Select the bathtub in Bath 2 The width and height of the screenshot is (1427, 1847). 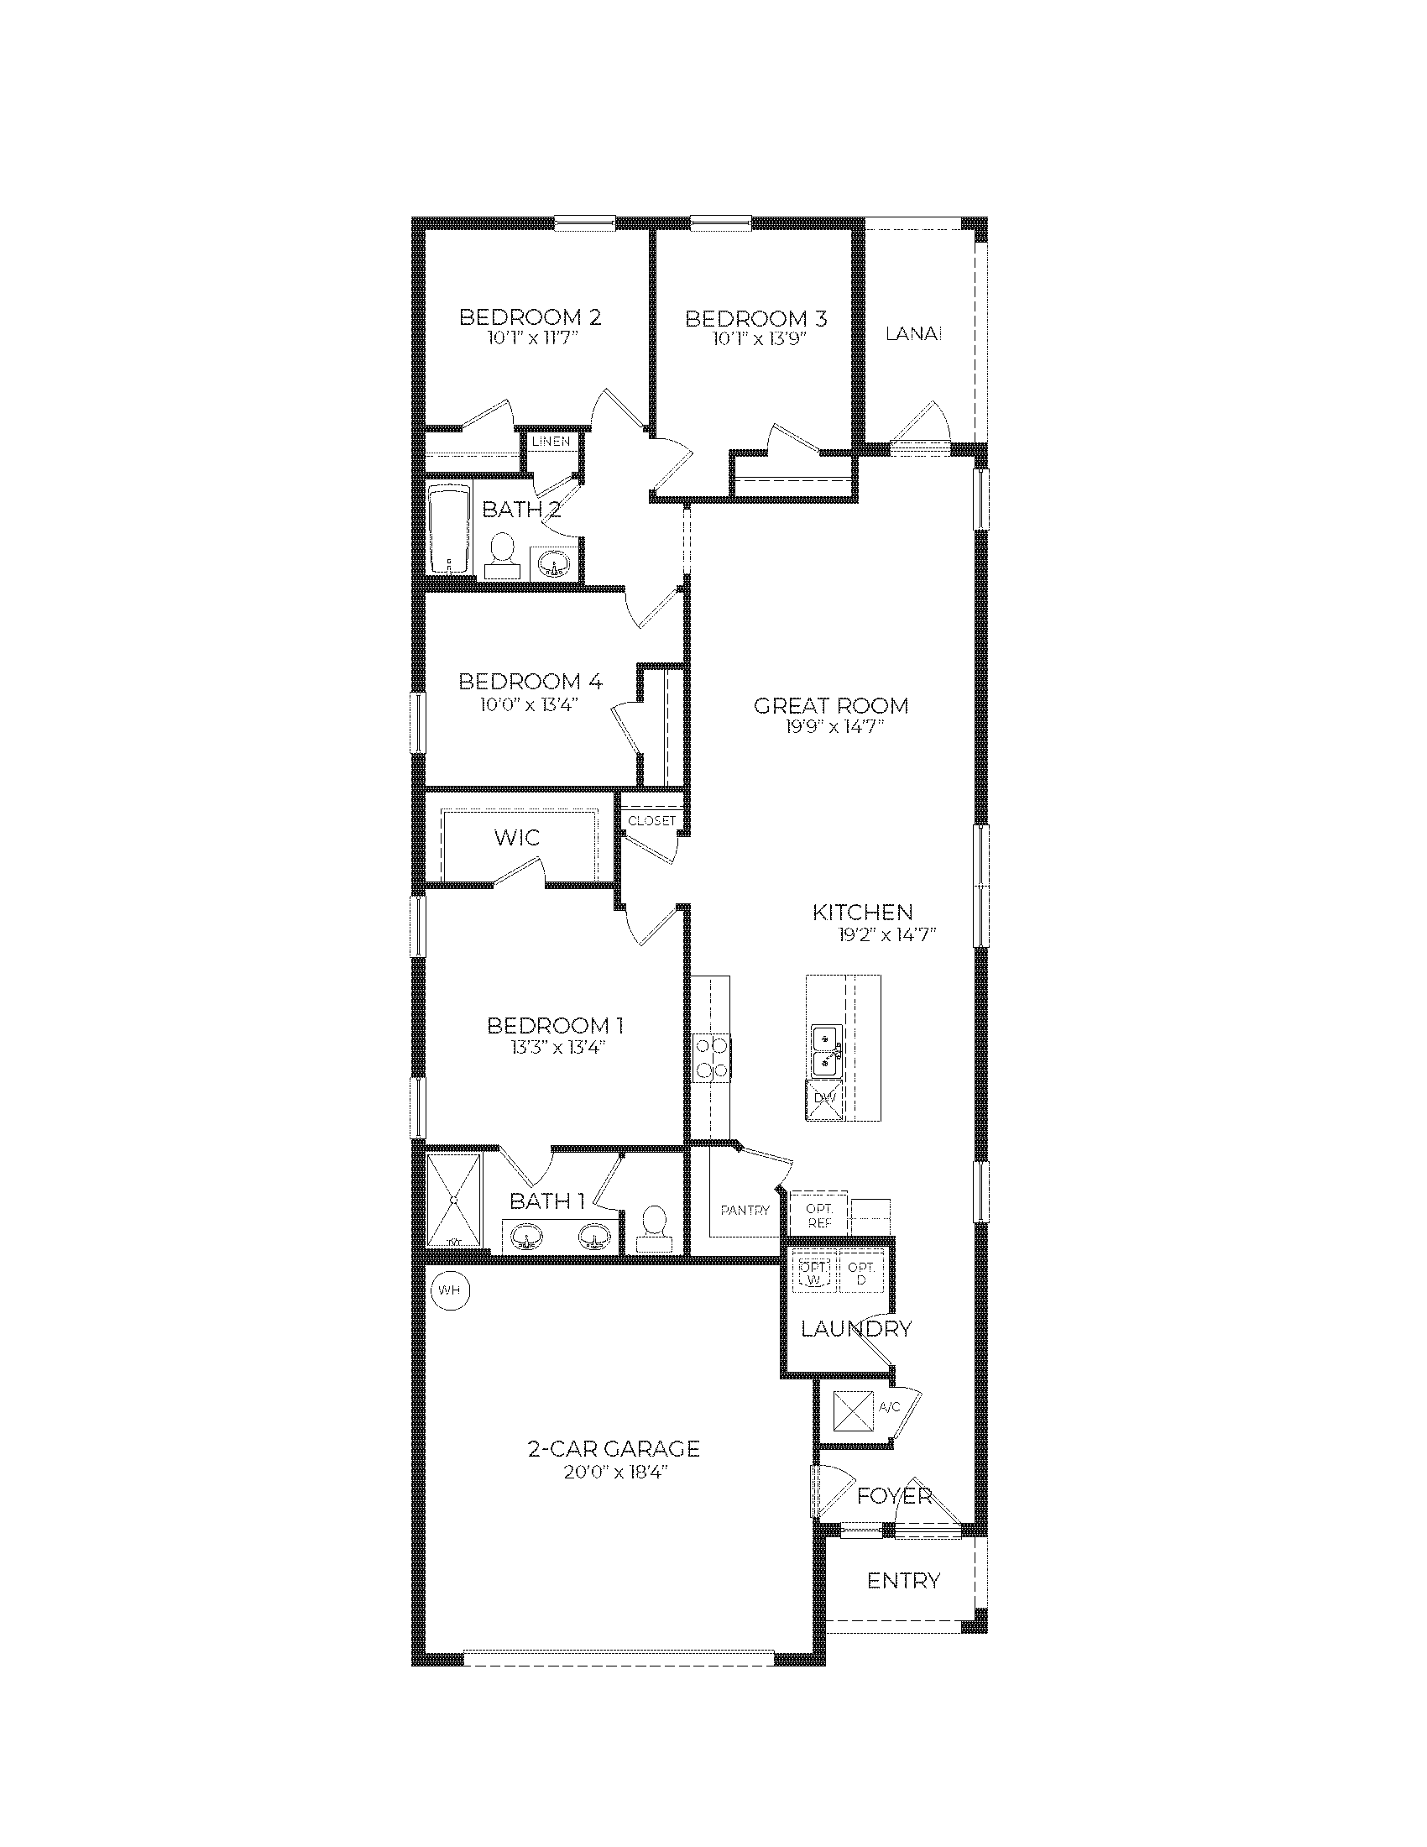click(x=449, y=530)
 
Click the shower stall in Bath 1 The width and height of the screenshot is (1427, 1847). click(x=454, y=1200)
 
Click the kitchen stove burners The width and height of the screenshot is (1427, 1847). click(x=712, y=1058)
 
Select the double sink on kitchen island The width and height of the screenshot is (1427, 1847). click(x=825, y=1050)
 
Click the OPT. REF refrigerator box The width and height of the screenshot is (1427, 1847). click(x=818, y=1216)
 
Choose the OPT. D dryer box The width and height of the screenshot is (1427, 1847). click(x=861, y=1274)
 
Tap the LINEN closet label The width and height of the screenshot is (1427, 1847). click(x=551, y=442)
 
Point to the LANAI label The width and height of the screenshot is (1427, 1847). click(x=914, y=334)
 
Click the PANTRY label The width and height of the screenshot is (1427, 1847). click(x=745, y=1210)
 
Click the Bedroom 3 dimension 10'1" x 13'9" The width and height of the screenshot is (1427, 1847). click(x=755, y=340)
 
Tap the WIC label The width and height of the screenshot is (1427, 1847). click(x=516, y=837)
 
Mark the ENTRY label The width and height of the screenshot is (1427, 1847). click(x=903, y=1581)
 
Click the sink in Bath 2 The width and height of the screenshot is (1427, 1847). click(x=555, y=562)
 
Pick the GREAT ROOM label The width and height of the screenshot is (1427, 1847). click(x=830, y=705)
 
